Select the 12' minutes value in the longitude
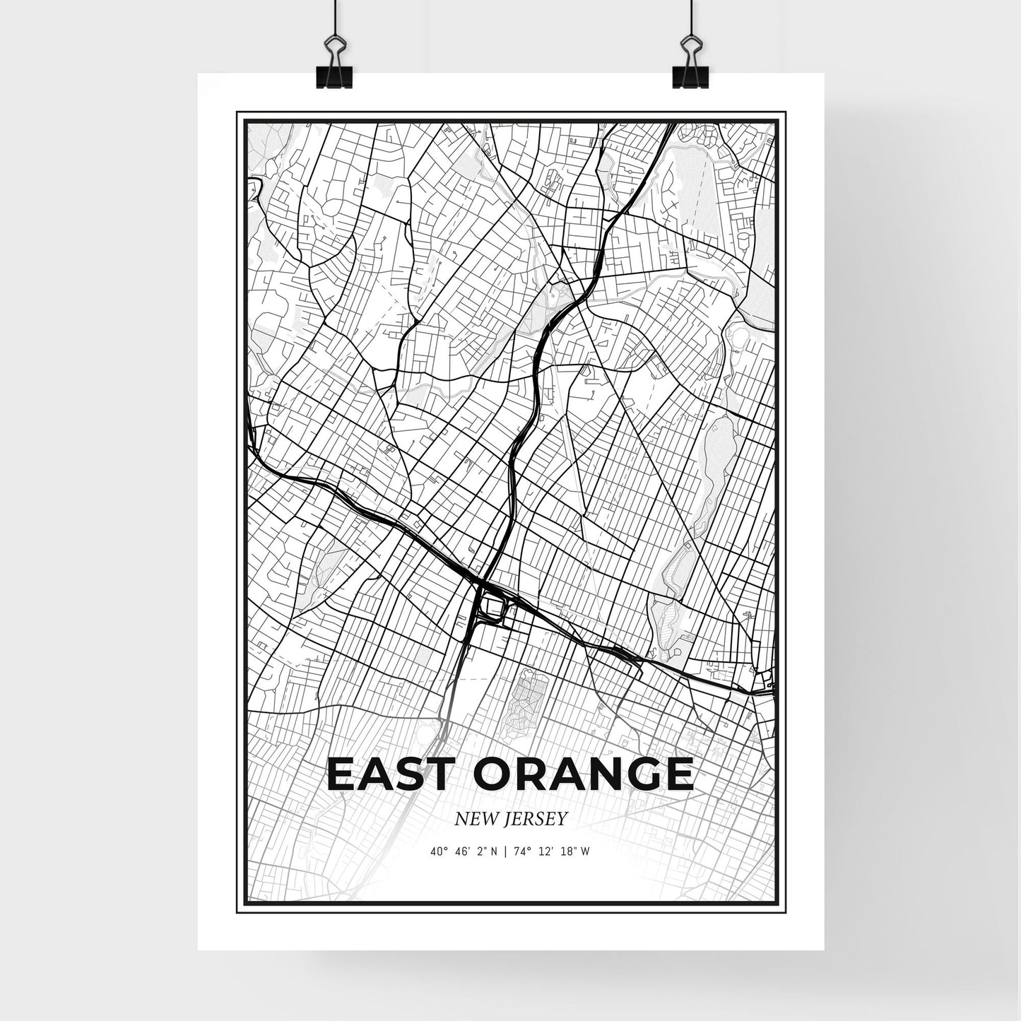544,851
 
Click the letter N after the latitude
493,851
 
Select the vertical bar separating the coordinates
506,851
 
